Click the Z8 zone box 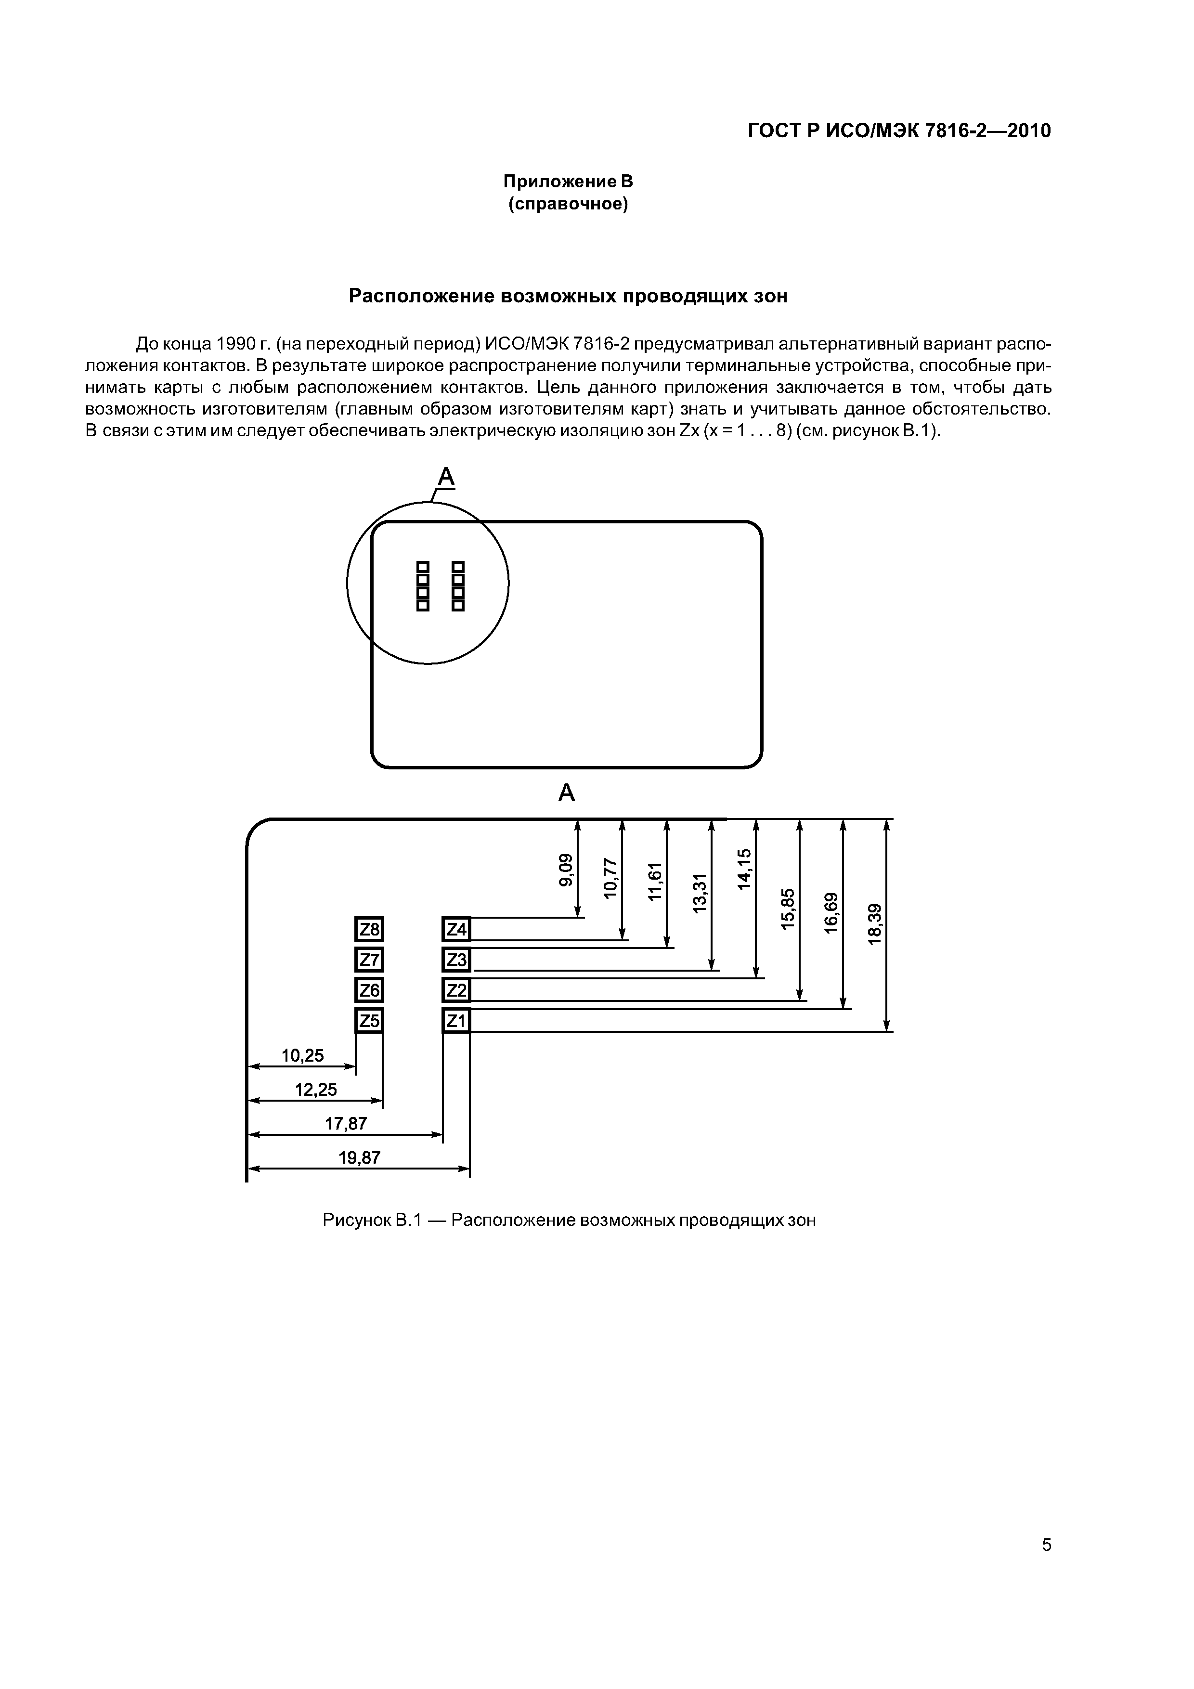coord(369,930)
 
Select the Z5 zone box coord(369,1020)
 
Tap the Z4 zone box coord(456,930)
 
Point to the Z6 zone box coord(369,990)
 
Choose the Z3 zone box coord(456,960)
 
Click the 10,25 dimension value coord(302,1055)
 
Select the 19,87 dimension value coord(359,1158)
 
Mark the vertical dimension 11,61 coord(655,881)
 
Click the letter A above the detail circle coord(446,478)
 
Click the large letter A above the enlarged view coord(567,793)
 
